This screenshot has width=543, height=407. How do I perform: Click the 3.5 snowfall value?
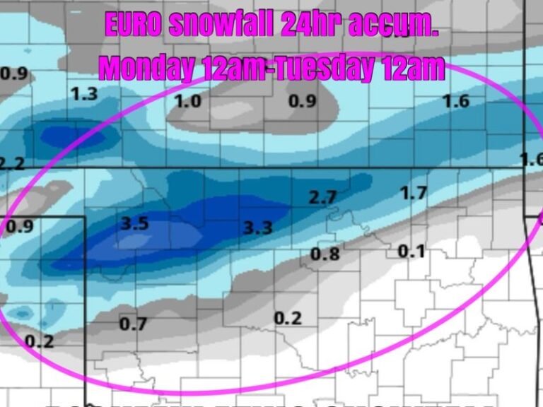click(x=134, y=224)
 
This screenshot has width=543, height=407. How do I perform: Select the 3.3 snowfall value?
click(x=257, y=228)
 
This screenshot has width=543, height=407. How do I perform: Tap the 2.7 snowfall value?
click(x=322, y=198)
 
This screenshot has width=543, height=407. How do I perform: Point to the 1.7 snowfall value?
click(x=414, y=192)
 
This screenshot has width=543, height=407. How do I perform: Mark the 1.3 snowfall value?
click(x=84, y=94)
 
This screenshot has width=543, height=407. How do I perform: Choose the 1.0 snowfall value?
click(x=187, y=101)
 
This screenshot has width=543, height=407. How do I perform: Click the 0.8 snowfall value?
click(x=325, y=254)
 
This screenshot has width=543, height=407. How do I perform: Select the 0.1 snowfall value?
click(x=411, y=251)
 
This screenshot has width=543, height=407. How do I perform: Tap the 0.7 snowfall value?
click(x=133, y=324)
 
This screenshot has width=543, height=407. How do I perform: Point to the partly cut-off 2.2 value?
click(x=12, y=164)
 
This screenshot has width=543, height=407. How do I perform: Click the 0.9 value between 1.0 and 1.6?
click(x=302, y=101)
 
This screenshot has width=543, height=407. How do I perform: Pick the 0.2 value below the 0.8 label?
click(x=288, y=318)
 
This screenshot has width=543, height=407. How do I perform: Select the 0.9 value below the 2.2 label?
click(x=20, y=227)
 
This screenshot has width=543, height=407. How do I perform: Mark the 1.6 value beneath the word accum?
click(x=455, y=101)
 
